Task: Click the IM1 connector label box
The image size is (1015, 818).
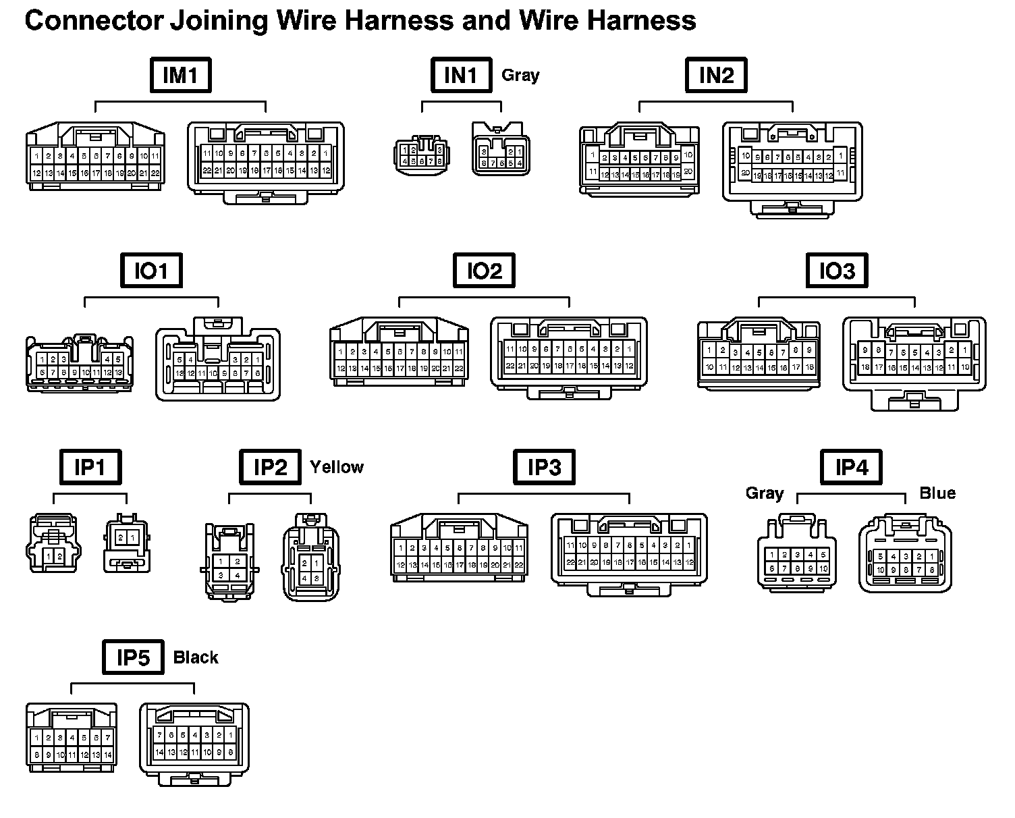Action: (x=180, y=75)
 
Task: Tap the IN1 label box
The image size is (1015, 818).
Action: (x=461, y=75)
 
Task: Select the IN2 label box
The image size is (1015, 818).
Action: (x=716, y=75)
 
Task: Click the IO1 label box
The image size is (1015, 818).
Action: (x=151, y=271)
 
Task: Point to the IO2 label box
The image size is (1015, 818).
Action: (x=484, y=271)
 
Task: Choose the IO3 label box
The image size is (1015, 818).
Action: (x=837, y=271)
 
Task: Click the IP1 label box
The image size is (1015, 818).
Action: (x=90, y=467)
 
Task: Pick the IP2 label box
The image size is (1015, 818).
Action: (x=270, y=467)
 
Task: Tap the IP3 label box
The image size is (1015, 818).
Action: (x=544, y=467)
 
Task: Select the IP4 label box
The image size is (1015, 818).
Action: (x=851, y=467)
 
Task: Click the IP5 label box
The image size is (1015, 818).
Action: (x=133, y=657)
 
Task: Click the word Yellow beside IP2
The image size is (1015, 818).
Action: (x=336, y=467)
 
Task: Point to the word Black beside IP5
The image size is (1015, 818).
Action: (x=196, y=657)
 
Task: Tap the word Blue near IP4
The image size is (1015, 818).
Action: (x=937, y=493)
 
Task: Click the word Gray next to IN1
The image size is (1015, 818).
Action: (x=520, y=75)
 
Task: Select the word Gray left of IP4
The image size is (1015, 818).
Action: (x=764, y=493)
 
